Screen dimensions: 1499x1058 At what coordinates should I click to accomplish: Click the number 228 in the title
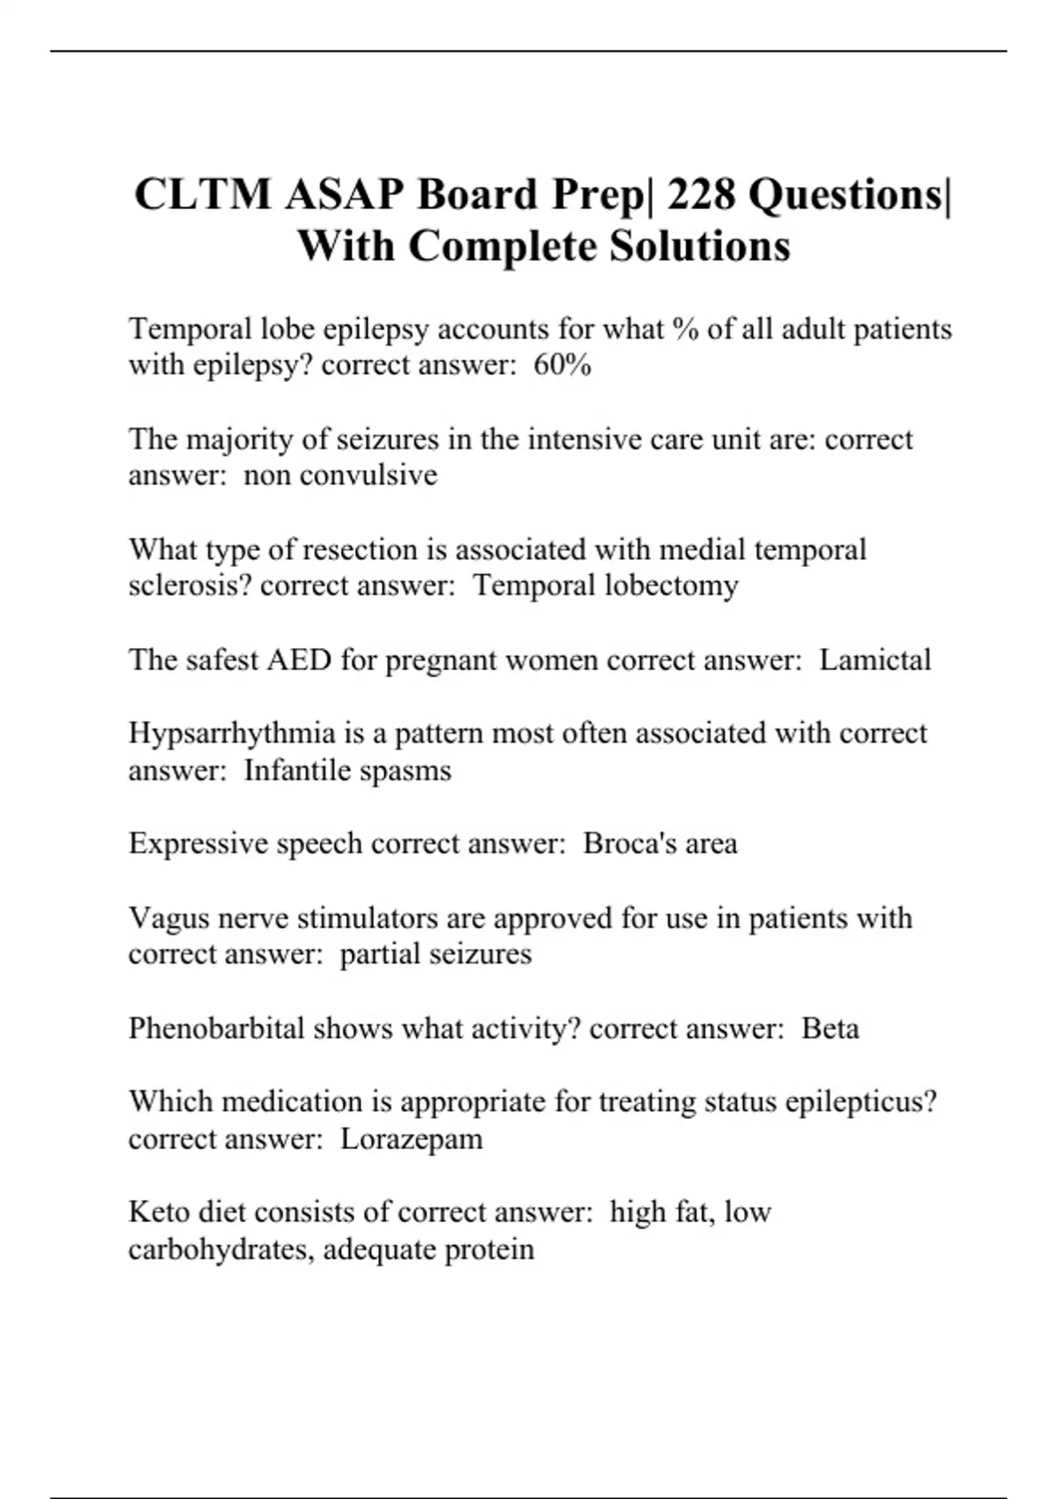click(x=701, y=194)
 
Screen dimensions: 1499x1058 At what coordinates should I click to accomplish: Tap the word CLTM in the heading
click(x=203, y=194)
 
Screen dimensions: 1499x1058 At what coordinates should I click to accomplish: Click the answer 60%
click(x=563, y=365)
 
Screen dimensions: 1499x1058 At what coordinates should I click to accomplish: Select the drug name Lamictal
click(x=875, y=660)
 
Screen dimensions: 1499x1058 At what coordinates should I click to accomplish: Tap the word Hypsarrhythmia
click(x=232, y=734)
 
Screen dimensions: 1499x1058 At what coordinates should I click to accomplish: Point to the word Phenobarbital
click(x=216, y=1028)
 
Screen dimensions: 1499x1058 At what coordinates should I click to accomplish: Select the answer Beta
click(x=830, y=1028)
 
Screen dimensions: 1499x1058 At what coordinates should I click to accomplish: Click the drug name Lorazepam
click(x=412, y=1138)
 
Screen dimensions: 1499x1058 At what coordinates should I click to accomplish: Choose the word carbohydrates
click(x=220, y=1249)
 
